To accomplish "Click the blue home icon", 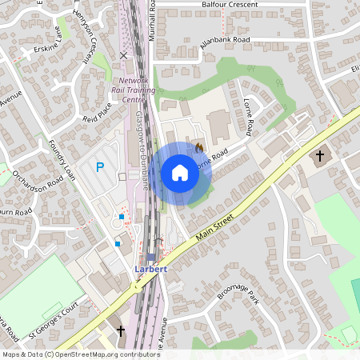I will click(x=180, y=173).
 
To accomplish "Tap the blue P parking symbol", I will click(x=100, y=167).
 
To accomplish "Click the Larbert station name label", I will click(x=150, y=269).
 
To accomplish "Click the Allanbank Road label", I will click(x=226, y=39).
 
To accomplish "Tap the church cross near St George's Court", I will click(x=122, y=330).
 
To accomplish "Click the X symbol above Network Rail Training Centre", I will click(x=122, y=55).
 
